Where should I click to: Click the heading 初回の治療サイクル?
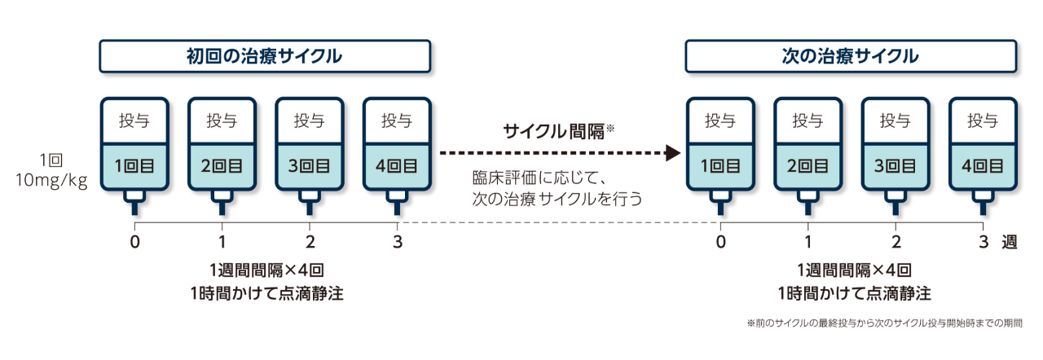(x=264, y=57)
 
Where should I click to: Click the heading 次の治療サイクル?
(x=850, y=57)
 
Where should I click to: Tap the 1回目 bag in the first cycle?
(x=134, y=147)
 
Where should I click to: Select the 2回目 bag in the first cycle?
(x=222, y=147)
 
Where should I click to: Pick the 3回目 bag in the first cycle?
(x=309, y=147)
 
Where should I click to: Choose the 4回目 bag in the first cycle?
(x=397, y=147)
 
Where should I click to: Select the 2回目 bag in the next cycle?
(x=808, y=147)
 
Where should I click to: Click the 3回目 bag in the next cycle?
(x=896, y=147)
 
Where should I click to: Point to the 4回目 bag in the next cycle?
(x=983, y=147)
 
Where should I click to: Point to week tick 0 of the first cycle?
(x=134, y=241)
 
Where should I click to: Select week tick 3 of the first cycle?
(x=398, y=241)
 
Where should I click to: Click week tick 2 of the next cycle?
(x=896, y=241)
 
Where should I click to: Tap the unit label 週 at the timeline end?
(x=1010, y=241)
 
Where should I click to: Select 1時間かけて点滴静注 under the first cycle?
(x=264, y=294)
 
